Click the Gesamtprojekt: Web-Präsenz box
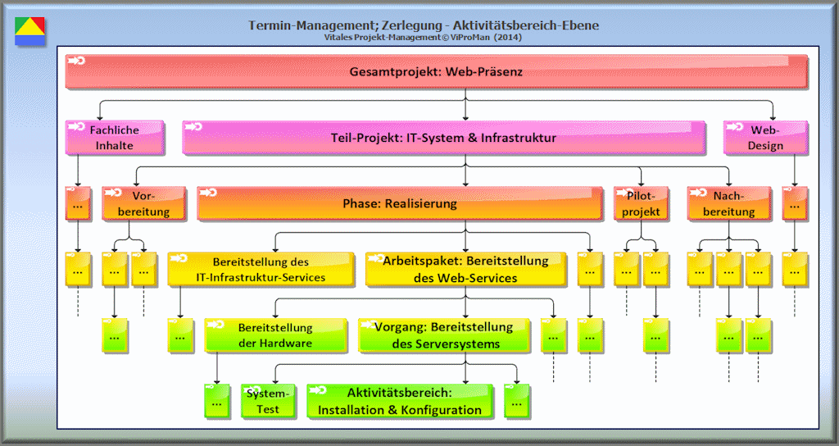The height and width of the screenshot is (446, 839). tap(436, 71)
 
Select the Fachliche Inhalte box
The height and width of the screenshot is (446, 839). tap(114, 138)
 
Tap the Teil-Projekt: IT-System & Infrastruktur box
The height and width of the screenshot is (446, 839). tap(442, 138)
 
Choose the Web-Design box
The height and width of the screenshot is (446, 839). tap(765, 138)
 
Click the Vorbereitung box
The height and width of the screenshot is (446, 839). tap(144, 203)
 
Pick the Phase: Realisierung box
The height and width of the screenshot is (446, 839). tap(399, 203)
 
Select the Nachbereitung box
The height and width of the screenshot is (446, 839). tap(728, 203)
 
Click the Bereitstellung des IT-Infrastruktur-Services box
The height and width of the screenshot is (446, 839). tap(261, 269)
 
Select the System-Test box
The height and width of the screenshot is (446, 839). tap(262, 401)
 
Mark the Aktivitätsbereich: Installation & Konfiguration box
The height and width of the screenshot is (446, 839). tap(399, 401)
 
